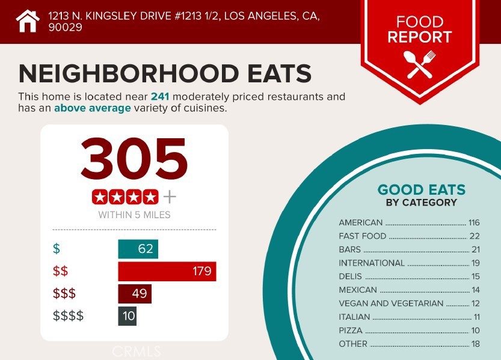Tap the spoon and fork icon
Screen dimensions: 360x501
click(420, 64)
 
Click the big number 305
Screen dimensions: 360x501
click(134, 158)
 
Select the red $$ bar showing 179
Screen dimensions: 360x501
click(167, 271)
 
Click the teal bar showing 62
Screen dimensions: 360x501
click(138, 249)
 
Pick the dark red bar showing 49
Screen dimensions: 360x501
click(135, 294)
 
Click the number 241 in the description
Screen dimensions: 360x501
click(161, 96)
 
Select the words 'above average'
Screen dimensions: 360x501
click(92, 108)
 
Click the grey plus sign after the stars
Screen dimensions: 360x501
click(170, 197)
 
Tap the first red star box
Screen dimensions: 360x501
click(100, 197)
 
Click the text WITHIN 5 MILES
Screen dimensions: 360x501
click(134, 215)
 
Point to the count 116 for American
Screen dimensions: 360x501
click(475, 222)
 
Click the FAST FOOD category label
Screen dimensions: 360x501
click(362, 236)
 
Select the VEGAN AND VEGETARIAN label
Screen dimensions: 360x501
click(391, 304)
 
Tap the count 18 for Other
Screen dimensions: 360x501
click(475, 344)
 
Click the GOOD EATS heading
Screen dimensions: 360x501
click(421, 191)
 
